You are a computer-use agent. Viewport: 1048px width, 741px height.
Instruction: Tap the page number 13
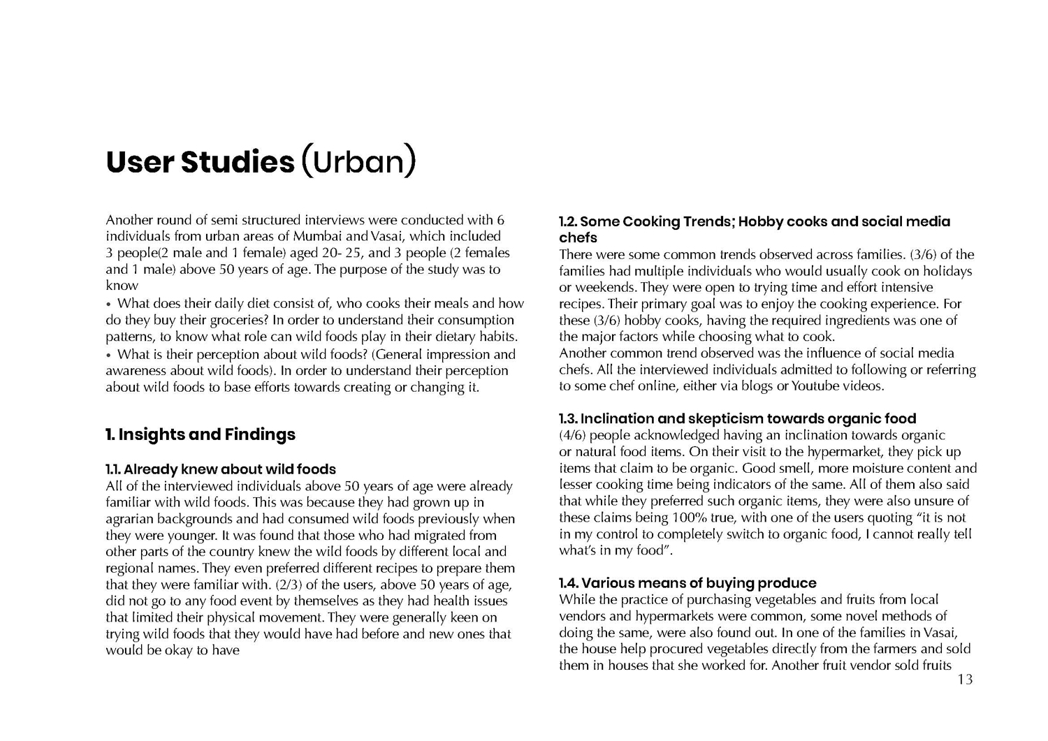(965, 680)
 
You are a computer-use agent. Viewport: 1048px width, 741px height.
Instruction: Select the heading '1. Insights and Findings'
(201, 434)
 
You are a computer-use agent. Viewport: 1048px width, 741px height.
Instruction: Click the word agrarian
(131, 519)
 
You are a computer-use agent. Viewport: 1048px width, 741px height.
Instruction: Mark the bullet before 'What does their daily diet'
(109, 305)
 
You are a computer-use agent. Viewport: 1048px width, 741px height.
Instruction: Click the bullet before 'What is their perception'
(109, 355)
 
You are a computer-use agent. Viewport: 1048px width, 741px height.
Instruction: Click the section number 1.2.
(567, 222)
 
